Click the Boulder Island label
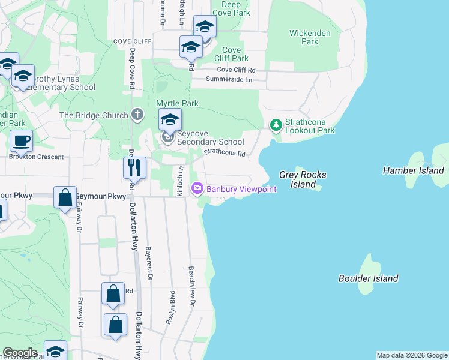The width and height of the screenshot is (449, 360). [x=368, y=278]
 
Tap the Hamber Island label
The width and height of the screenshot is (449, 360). [x=413, y=170]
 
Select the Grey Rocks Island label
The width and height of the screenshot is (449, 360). [x=303, y=179]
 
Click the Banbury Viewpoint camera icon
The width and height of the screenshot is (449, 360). [x=197, y=189]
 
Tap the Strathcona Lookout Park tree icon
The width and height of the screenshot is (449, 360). [x=276, y=125]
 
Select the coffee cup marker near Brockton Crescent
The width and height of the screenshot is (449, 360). [x=21, y=142]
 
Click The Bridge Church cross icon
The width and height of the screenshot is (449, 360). [x=137, y=115]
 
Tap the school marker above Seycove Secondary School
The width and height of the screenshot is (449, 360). [x=170, y=119]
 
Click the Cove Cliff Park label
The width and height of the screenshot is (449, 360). [x=231, y=54]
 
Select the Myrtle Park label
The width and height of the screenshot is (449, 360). [x=177, y=103]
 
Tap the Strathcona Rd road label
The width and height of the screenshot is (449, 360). [x=224, y=154]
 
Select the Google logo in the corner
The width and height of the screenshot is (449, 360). [x=20, y=353]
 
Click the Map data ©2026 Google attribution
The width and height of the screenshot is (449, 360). [x=412, y=355]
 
